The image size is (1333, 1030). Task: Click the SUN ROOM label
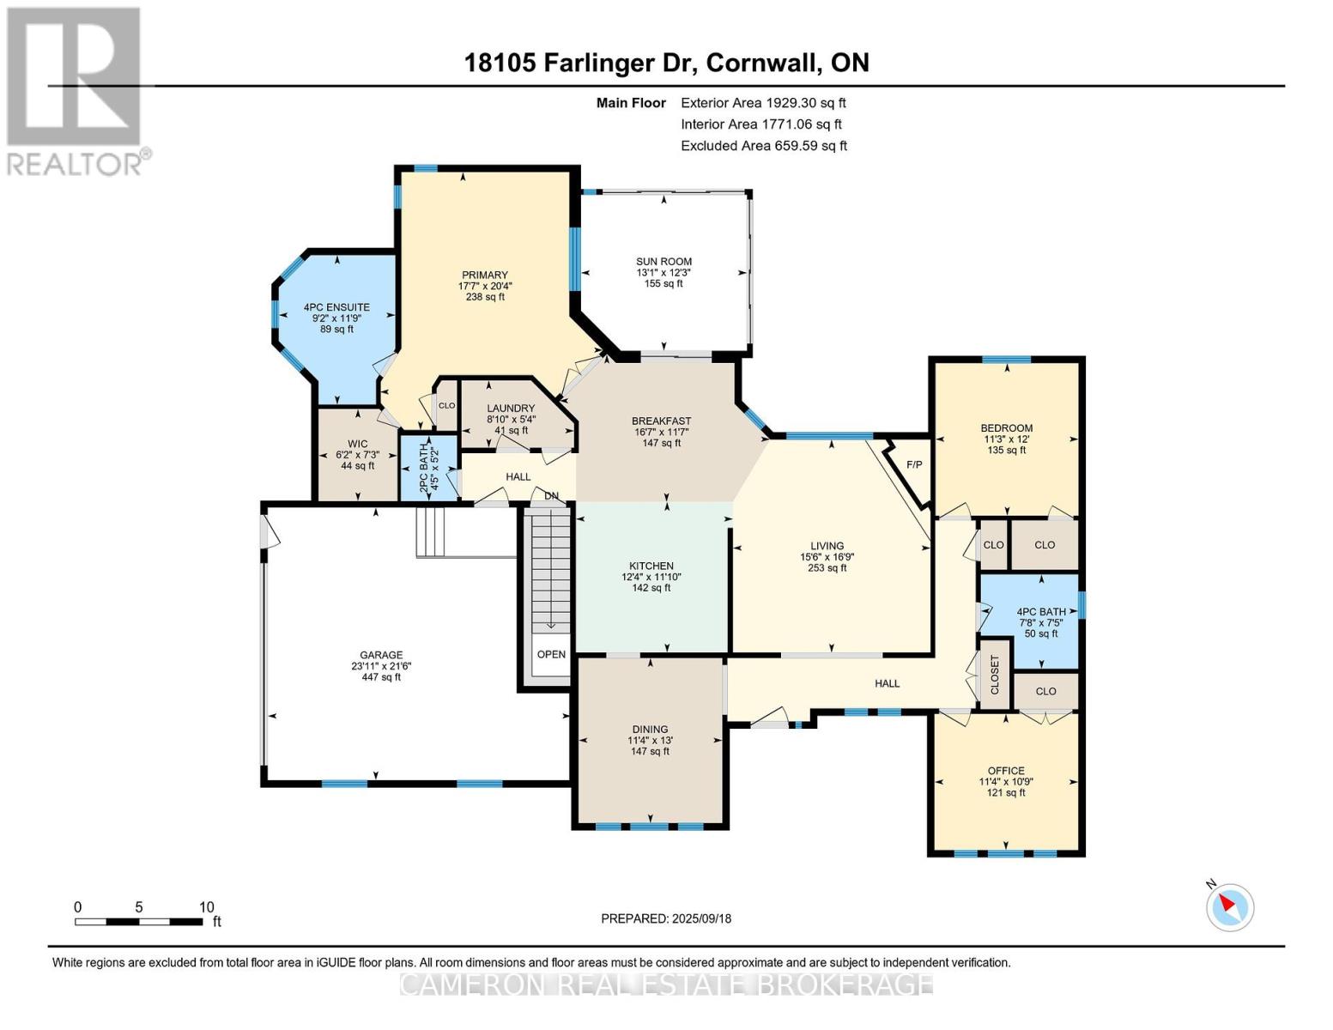(x=663, y=261)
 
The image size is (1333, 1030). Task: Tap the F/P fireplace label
(x=914, y=464)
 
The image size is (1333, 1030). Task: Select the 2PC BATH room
(x=429, y=468)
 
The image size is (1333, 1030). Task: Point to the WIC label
(x=358, y=444)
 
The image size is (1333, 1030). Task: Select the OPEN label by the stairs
(x=551, y=654)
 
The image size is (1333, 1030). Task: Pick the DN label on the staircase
(x=551, y=495)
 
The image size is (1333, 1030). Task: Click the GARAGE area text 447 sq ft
(x=381, y=677)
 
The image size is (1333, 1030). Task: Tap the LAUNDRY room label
(x=511, y=408)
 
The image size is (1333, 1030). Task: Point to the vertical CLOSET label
(x=994, y=675)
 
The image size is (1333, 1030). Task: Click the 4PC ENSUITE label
(x=336, y=306)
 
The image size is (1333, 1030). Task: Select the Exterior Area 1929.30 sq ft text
(x=763, y=103)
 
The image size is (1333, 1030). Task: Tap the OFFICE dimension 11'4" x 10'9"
(x=1006, y=782)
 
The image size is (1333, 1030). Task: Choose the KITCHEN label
(x=651, y=566)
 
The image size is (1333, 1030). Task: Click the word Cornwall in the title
(x=762, y=64)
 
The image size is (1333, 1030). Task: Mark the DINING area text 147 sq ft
(x=651, y=751)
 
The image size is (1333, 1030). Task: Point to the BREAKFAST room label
(x=661, y=421)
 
